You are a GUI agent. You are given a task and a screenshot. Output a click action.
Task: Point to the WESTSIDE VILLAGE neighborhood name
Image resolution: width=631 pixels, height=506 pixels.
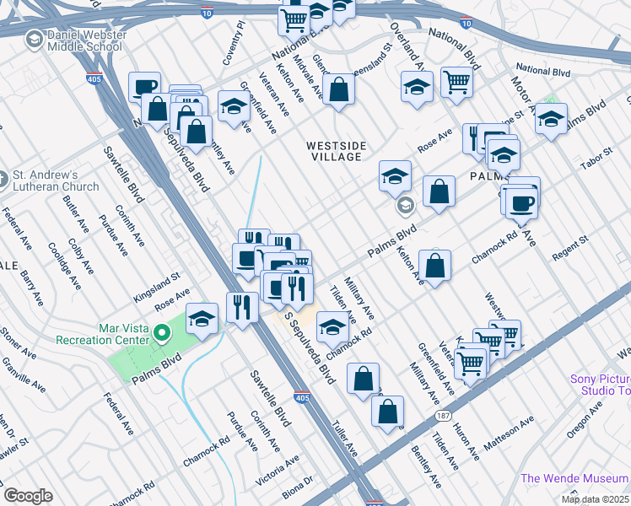click(x=337, y=151)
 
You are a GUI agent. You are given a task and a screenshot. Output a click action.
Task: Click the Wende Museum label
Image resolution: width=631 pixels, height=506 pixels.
click(x=575, y=478)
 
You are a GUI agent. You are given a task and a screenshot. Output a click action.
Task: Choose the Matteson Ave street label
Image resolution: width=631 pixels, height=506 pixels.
click(x=509, y=431)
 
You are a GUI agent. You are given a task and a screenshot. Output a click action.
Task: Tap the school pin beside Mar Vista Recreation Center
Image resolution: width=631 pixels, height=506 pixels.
click(x=202, y=319)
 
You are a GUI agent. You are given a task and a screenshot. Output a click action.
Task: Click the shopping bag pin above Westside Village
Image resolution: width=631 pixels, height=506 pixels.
click(x=338, y=89)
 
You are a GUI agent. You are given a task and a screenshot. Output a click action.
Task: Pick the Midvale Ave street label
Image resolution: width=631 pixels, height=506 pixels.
click(x=303, y=73)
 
